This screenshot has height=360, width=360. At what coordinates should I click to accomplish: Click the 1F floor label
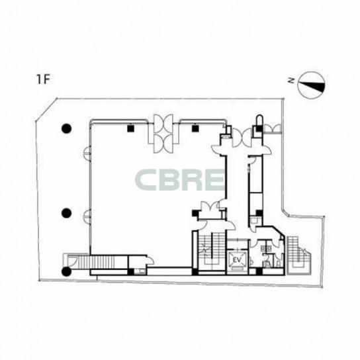point(44,79)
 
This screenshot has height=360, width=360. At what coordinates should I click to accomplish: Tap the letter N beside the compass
point(291,80)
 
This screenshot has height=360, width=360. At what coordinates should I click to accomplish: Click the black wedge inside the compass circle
point(313,86)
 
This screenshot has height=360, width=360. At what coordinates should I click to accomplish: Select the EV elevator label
point(238,260)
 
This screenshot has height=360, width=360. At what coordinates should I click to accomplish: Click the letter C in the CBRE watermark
point(146,180)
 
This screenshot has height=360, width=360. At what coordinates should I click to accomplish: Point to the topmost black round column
point(67,128)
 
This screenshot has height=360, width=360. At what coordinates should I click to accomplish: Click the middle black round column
point(67,213)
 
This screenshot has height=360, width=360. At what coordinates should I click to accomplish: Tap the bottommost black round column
point(67,271)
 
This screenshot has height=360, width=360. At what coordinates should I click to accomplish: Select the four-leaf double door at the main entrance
point(163,134)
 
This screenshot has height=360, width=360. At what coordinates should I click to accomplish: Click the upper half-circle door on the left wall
point(87,154)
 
